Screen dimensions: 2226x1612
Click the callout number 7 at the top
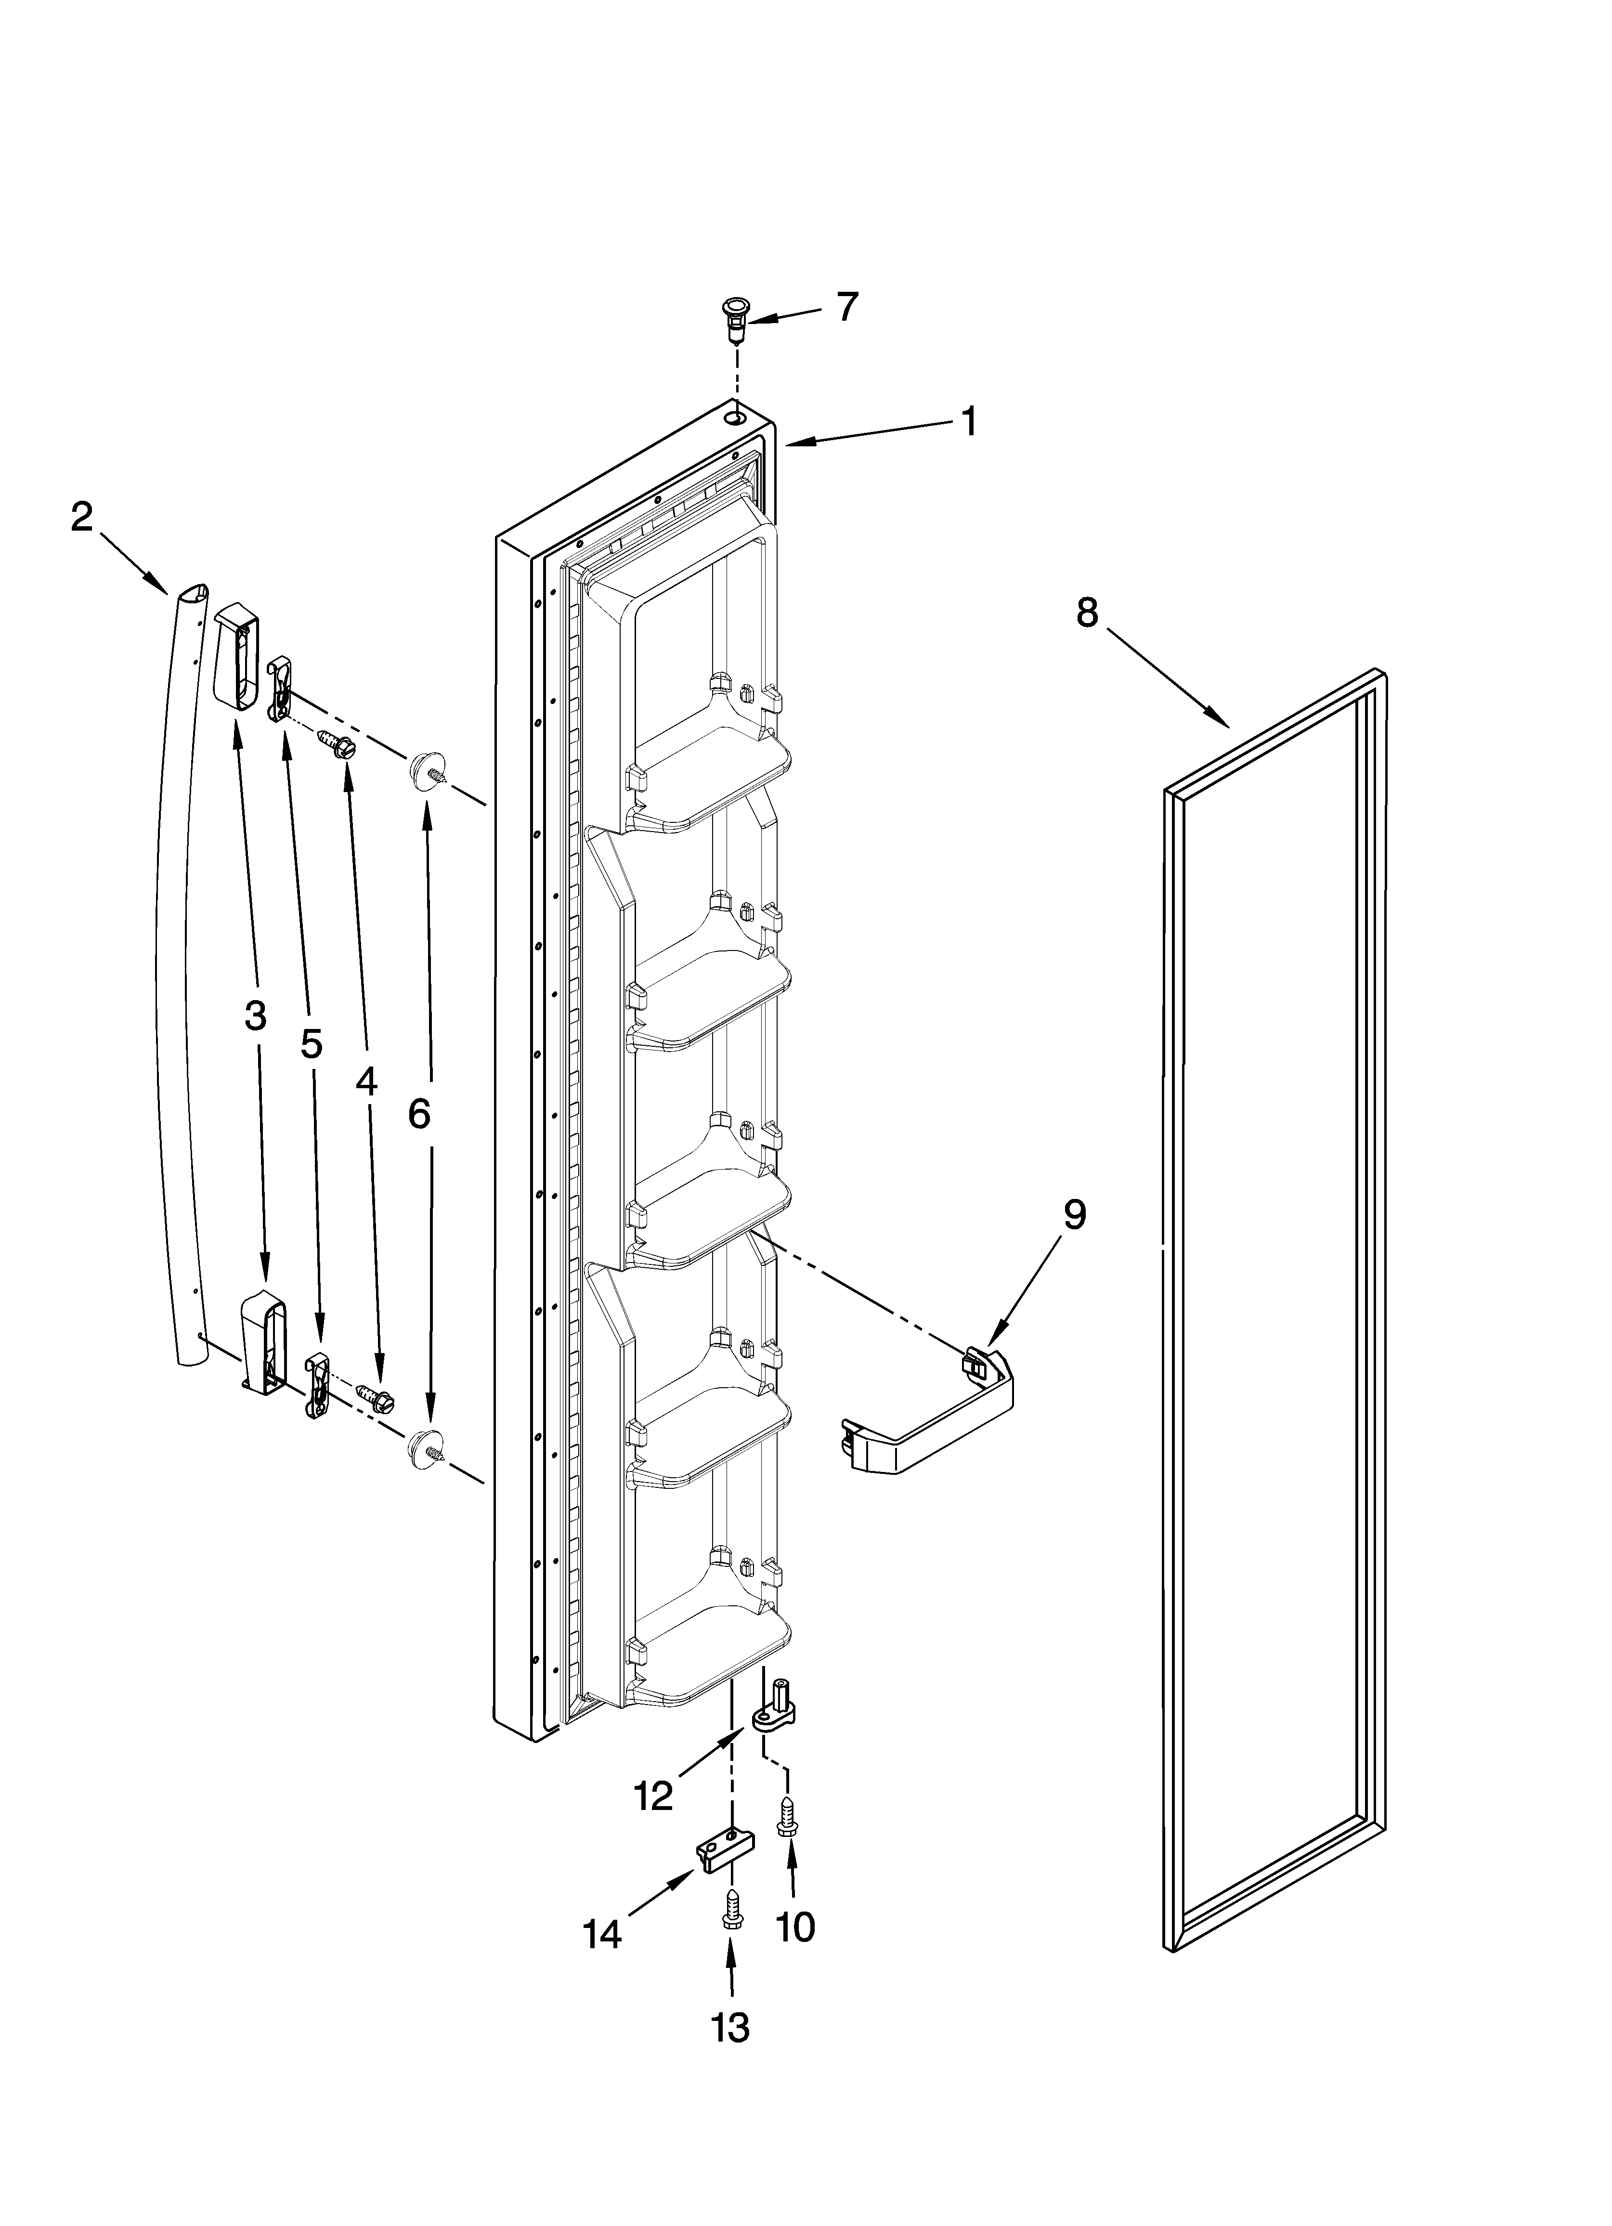click(846, 307)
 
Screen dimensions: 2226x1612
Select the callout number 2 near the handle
click(82, 516)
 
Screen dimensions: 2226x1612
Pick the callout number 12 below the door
click(654, 1796)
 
